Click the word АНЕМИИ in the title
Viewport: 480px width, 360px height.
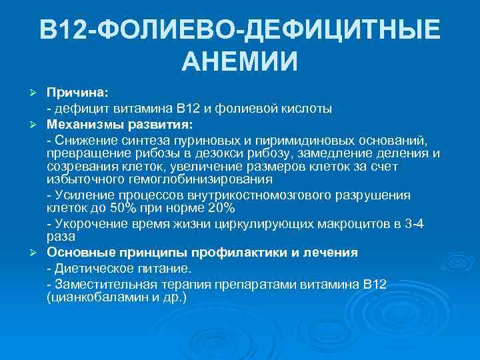coord(239,63)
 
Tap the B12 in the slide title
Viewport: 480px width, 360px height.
coord(62,30)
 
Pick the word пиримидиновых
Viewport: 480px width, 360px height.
coord(294,140)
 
